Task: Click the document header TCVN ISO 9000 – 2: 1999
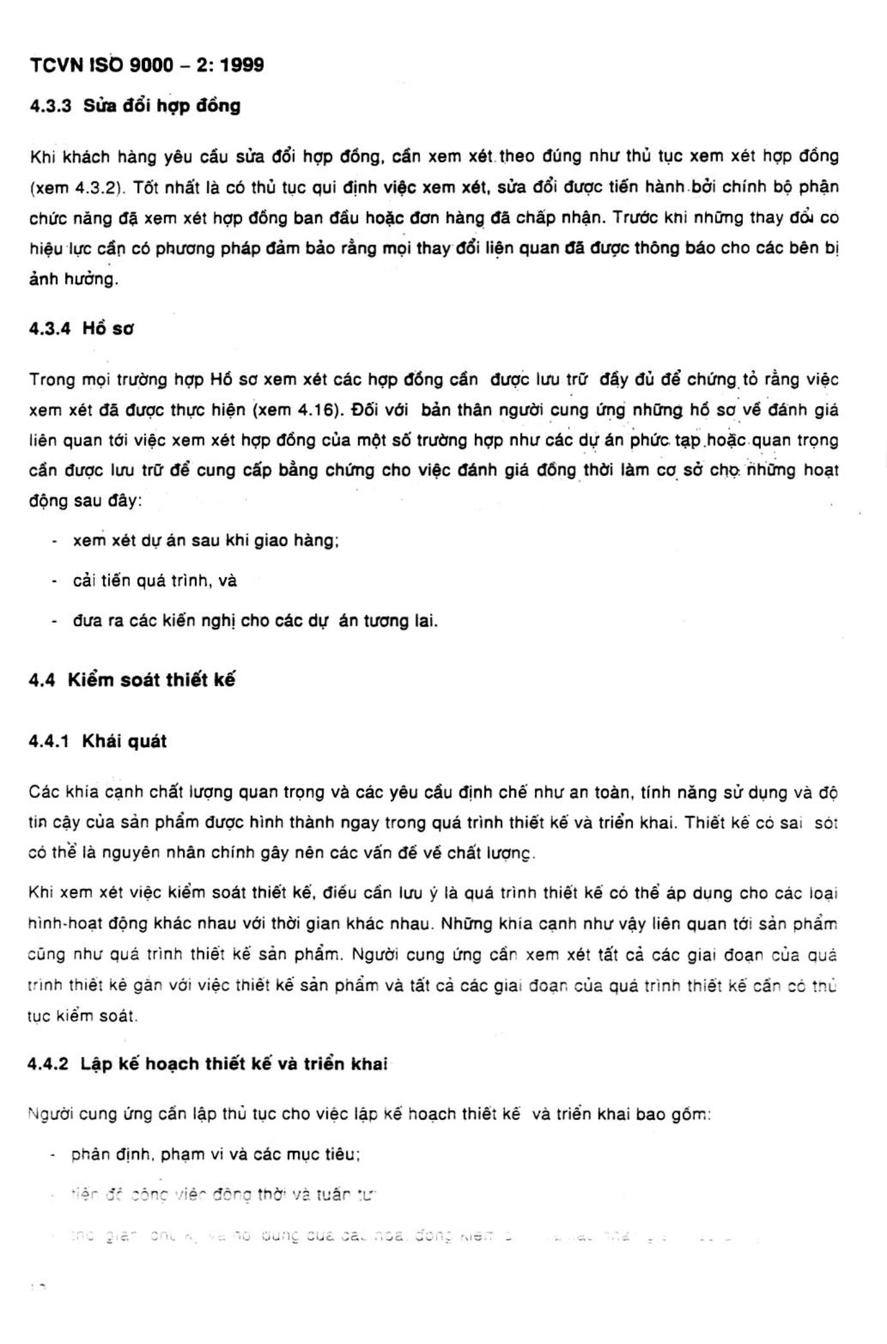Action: (x=147, y=65)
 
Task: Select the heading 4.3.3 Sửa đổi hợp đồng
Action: (x=135, y=106)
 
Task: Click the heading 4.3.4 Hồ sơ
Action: (x=82, y=328)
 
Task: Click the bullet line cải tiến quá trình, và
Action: (x=154, y=581)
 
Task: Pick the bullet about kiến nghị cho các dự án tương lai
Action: (x=255, y=621)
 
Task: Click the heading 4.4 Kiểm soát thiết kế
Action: (x=132, y=680)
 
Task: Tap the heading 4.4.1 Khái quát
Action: (x=98, y=741)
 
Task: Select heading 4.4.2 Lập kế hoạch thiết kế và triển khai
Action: (x=207, y=1064)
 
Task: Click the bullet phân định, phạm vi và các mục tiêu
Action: (x=215, y=1154)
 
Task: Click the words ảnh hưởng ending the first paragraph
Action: (x=73, y=279)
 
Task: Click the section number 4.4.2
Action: (x=48, y=1064)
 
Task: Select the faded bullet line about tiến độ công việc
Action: (x=223, y=1195)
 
